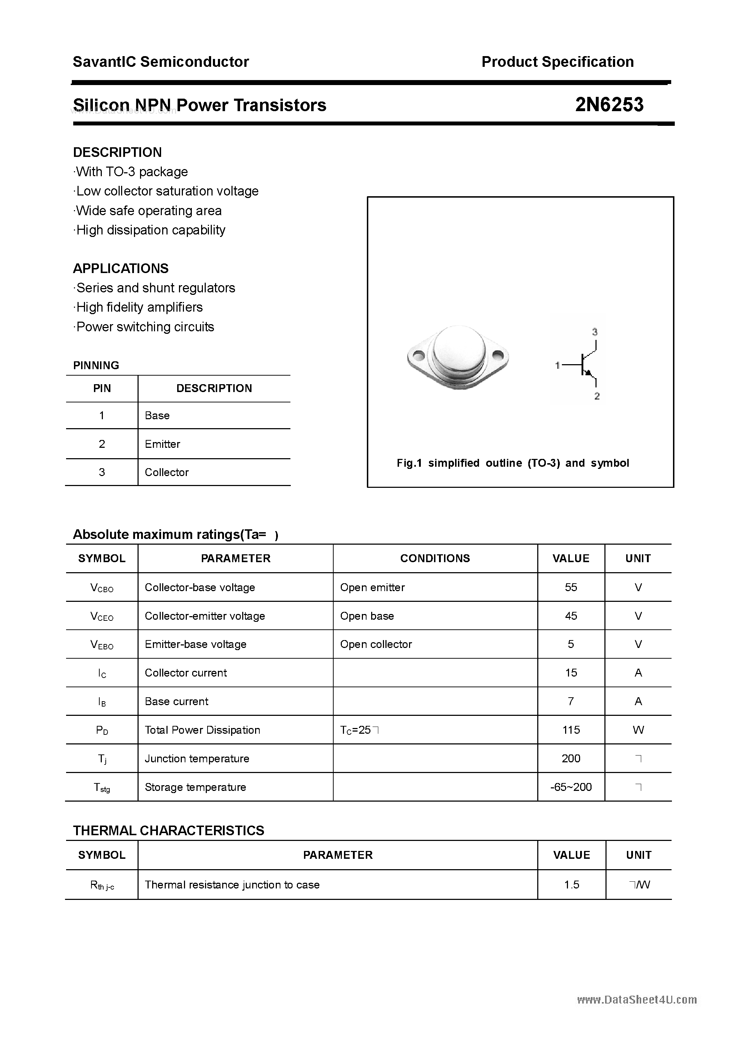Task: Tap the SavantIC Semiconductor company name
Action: click(161, 62)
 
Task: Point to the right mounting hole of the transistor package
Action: click(498, 354)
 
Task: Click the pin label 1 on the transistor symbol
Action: click(557, 365)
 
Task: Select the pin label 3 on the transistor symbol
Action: click(595, 332)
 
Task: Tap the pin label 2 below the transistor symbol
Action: click(597, 396)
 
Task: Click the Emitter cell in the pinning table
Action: click(163, 444)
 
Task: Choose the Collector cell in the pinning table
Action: click(166, 472)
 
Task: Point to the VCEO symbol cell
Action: click(102, 616)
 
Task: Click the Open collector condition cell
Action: click(376, 644)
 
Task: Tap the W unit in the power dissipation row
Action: click(638, 730)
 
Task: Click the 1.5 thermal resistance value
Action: click(572, 884)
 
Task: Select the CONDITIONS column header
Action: click(435, 559)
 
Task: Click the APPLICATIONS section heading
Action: click(121, 268)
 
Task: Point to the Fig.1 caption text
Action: click(513, 463)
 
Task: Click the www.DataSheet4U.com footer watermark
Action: click(637, 1000)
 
